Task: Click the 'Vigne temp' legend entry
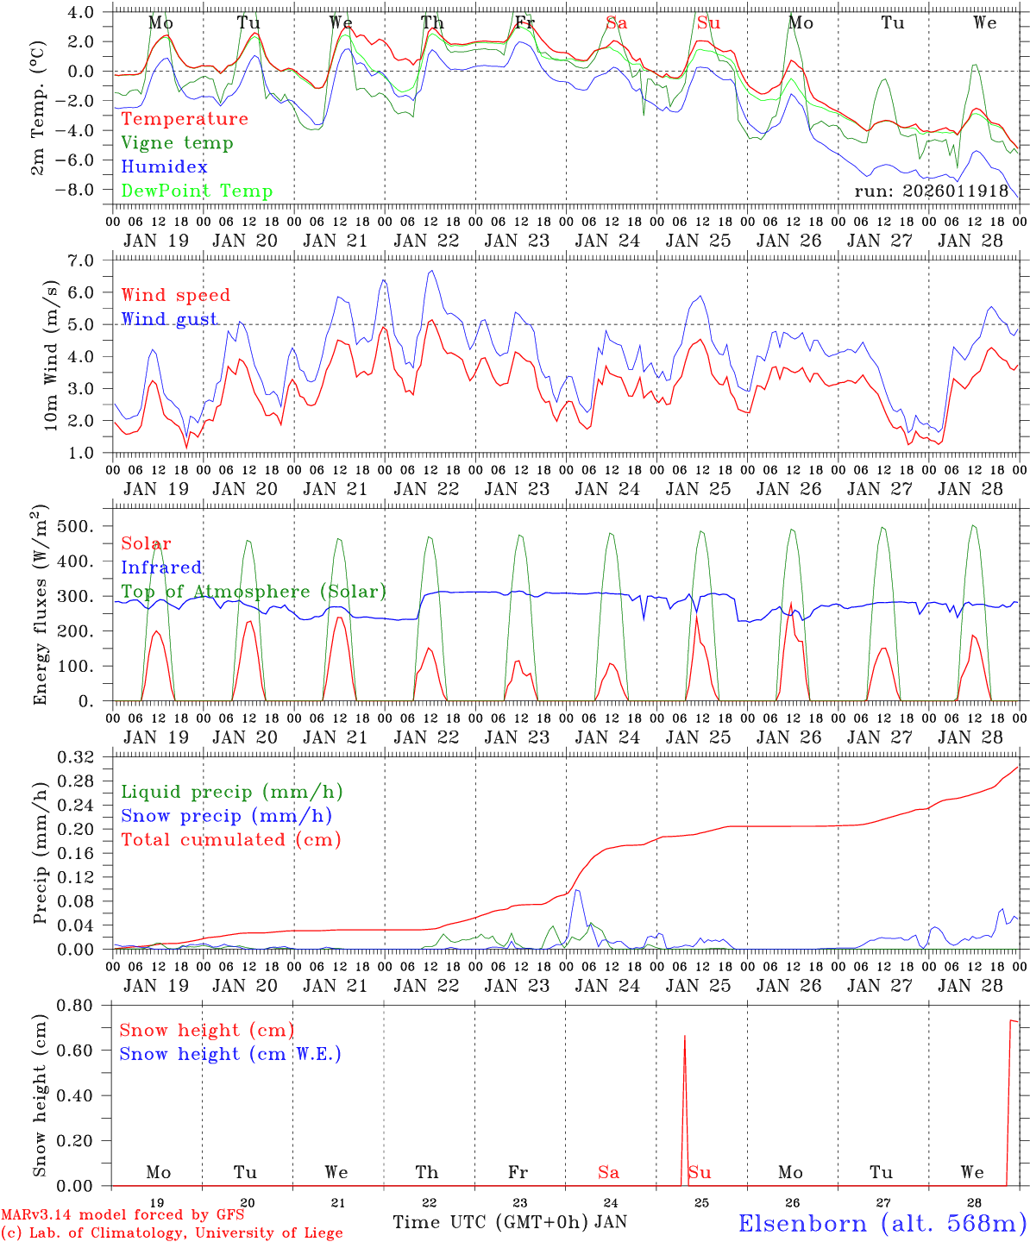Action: pyautogui.click(x=177, y=143)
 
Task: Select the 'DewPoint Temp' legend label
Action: pyautogui.click(x=197, y=191)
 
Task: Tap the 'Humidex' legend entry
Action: pyautogui.click(x=164, y=167)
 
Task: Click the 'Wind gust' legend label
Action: pyautogui.click(x=169, y=319)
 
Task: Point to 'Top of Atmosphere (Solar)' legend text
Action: pyautogui.click(x=254, y=592)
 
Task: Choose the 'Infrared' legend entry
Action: pyautogui.click(x=161, y=568)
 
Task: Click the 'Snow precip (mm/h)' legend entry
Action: pyautogui.click(x=226, y=816)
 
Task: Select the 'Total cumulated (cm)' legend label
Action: pyautogui.click(x=231, y=840)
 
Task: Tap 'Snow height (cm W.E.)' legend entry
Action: pyautogui.click(x=230, y=1054)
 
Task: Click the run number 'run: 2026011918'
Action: pyautogui.click(x=932, y=191)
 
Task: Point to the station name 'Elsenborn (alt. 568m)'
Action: pyautogui.click(x=882, y=1223)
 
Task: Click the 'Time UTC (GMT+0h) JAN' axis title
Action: pyautogui.click(x=510, y=1222)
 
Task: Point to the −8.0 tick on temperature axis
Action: pyautogui.click(x=85, y=190)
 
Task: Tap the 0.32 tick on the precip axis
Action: pyautogui.click(x=83, y=758)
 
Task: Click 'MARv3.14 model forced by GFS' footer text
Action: pyautogui.click(x=122, y=1215)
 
